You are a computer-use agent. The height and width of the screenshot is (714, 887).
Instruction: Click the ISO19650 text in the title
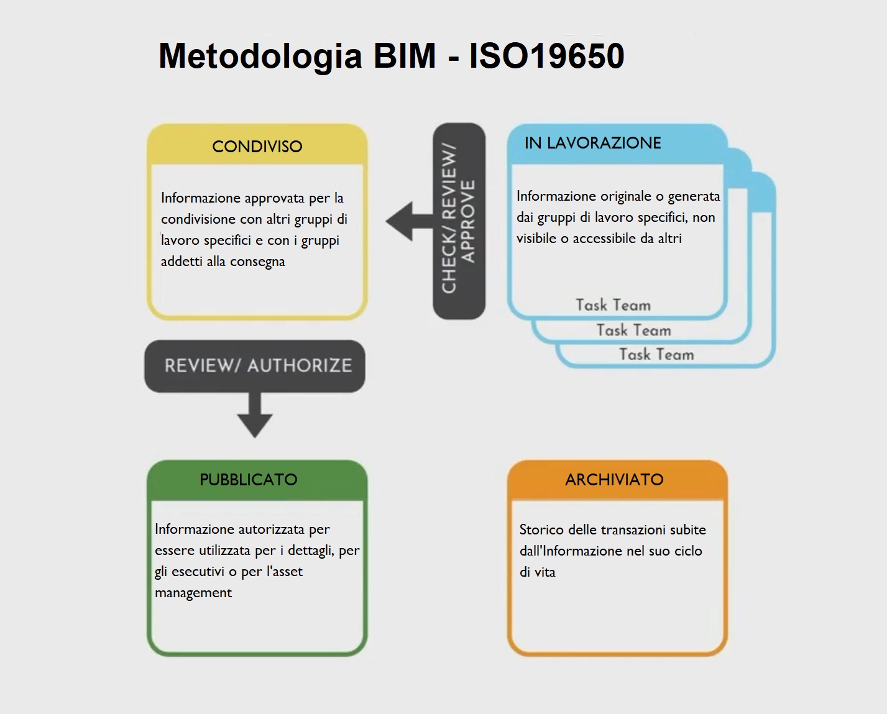546,56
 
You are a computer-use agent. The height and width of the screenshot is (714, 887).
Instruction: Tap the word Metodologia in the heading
260,56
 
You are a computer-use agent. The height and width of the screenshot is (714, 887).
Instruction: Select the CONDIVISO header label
257,147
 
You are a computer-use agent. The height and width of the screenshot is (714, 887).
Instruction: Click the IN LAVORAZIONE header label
592,143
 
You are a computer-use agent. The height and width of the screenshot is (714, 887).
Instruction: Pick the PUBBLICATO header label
248,480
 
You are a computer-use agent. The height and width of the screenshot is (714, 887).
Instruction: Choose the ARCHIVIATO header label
614,480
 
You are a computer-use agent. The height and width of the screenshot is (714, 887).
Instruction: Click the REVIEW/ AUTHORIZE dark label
257,365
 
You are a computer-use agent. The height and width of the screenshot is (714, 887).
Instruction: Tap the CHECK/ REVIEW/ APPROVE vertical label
459,221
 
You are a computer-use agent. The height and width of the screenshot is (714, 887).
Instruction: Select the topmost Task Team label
613,305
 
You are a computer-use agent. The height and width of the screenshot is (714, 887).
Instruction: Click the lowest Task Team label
656,355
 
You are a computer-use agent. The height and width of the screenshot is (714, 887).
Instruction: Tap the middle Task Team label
633,331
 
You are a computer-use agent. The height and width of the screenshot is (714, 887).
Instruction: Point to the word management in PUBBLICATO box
193,593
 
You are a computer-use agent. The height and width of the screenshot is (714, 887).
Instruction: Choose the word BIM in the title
405,56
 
